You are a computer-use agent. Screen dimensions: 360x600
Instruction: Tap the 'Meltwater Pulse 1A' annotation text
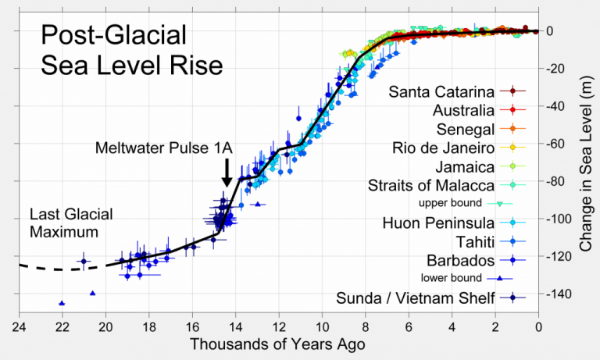165,148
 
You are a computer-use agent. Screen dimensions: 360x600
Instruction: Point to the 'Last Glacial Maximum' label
71,223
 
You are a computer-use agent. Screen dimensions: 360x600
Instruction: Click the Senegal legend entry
467,129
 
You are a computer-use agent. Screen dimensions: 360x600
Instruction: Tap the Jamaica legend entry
466,166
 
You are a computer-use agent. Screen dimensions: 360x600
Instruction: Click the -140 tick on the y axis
559,294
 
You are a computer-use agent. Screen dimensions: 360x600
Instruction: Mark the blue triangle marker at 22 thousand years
62,303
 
